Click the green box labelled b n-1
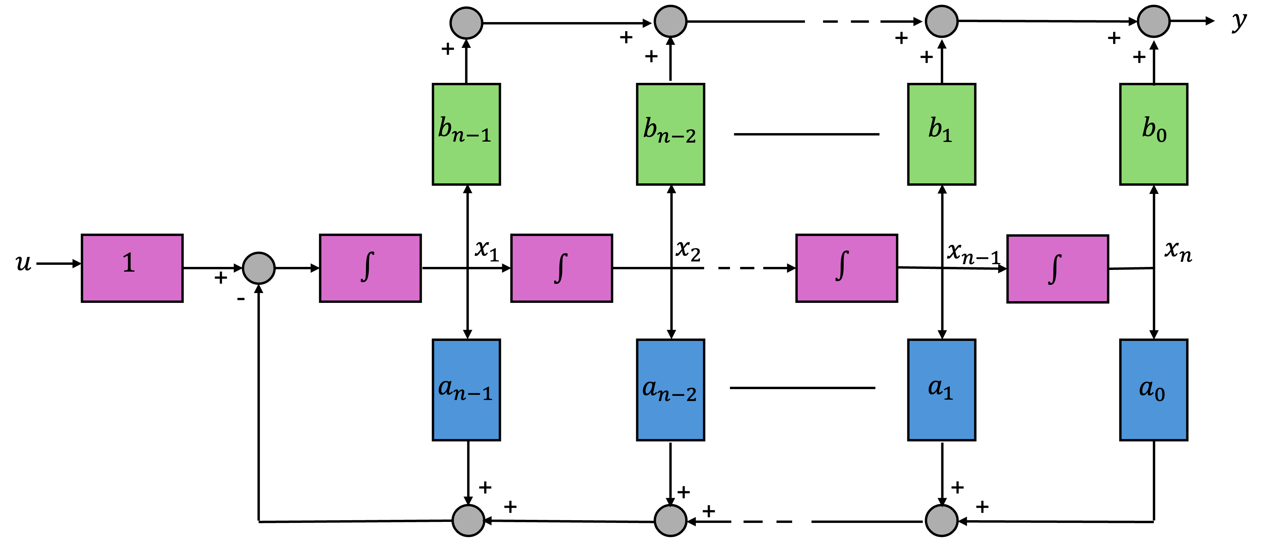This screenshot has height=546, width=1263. pyautogui.click(x=466, y=134)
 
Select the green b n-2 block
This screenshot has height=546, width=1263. pyautogui.click(x=670, y=134)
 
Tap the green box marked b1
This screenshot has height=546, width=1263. pyautogui.click(x=941, y=134)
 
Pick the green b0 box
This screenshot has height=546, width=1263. pyautogui.click(x=1153, y=134)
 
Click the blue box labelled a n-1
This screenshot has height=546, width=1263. pyautogui.click(x=466, y=390)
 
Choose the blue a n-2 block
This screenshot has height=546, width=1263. pyautogui.click(x=670, y=390)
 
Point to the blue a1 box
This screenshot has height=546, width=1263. pyautogui.click(x=941, y=390)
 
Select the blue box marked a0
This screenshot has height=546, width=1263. pyautogui.click(x=1153, y=390)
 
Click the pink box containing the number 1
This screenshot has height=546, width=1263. pyautogui.click(x=132, y=268)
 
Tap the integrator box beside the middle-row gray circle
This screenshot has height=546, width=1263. pyautogui.click(x=370, y=268)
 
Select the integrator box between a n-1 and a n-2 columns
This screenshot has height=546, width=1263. pyautogui.click(x=561, y=268)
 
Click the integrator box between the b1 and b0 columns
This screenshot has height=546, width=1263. pyautogui.click(x=1057, y=269)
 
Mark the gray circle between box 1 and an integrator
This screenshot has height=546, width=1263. pyautogui.click(x=258, y=268)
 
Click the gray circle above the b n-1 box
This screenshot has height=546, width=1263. pyautogui.click(x=466, y=22)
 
